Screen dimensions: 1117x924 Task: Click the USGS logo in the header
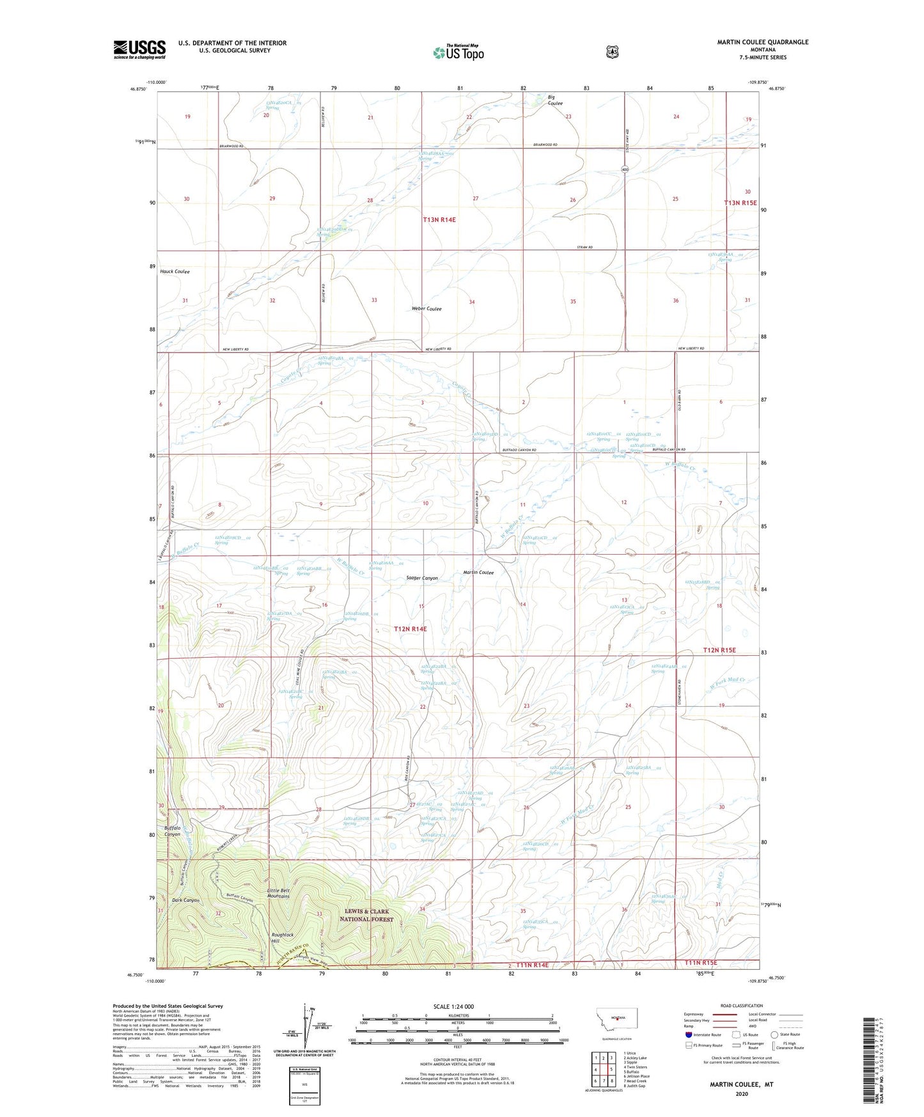(x=139, y=49)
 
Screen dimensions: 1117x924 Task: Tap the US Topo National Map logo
(x=458, y=52)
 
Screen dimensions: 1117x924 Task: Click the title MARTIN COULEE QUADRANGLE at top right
(x=762, y=42)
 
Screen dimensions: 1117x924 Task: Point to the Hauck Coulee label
(x=175, y=271)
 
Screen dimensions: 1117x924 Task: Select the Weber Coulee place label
(x=427, y=308)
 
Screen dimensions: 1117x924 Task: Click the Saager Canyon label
(x=422, y=578)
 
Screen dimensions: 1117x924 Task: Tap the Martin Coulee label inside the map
(x=478, y=573)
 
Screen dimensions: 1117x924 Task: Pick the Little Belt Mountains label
(x=278, y=893)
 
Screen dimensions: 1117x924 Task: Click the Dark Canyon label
(x=185, y=900)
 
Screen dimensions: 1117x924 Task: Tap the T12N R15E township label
(x=719, y=650)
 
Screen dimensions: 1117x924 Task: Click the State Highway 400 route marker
(x=623, y=169)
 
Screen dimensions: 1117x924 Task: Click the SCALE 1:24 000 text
(x=453, y=1006)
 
